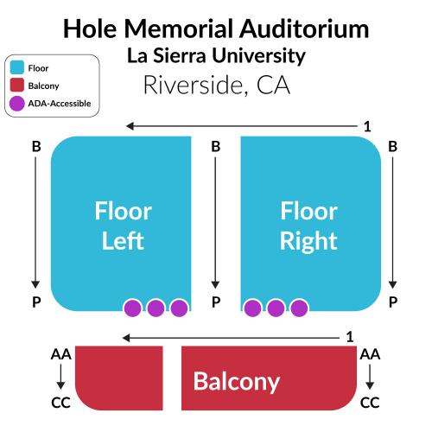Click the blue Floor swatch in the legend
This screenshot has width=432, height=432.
click(x=17, y=67)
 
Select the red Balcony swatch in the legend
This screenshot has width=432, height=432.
click(x=17, y=86)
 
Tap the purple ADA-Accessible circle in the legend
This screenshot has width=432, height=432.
click(x=17, y=103)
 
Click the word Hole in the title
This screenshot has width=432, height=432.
click(x=90, y=29)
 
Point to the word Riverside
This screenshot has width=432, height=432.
click(x=193, y=85)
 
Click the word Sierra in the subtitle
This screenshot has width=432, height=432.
click(x=180, y=55)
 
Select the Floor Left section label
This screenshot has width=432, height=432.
click(x=124, y=226)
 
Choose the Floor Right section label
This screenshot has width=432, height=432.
click(x=308, y=226)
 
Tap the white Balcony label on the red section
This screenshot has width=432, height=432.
click(x=237, y=382)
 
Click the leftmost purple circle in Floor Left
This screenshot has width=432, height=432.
click(x=132, y=308)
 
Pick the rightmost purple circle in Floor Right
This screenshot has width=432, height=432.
click(x=299, y=308)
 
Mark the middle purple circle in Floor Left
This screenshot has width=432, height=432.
click(x=156, y=308)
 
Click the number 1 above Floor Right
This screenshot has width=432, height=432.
click(x=367, y=126)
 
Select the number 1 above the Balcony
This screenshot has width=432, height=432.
click(x=350, y=337)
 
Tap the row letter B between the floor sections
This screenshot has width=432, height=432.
click(x=216, y=146)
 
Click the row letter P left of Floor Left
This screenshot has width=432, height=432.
click(x=36, y=302)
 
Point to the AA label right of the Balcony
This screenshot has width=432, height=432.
click(x=370, y=354)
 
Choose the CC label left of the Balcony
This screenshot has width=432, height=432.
click(x=60, y=403)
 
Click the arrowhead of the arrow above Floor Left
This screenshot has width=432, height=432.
click(x=130, y=126)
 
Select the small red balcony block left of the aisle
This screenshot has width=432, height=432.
click(x=119, y=378)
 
